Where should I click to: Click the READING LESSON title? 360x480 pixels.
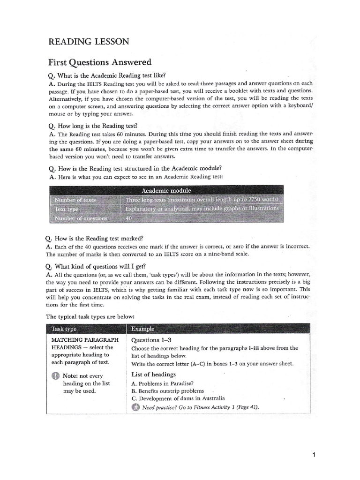tap(88, 42)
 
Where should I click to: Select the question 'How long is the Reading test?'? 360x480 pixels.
tap(93, 126)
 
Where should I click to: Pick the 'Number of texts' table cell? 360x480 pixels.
tap(75, 200)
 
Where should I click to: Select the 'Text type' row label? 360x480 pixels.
tap(68, 209)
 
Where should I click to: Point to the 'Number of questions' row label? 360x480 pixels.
tap(81, 218)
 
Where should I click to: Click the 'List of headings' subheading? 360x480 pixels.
tap(153, 374)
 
